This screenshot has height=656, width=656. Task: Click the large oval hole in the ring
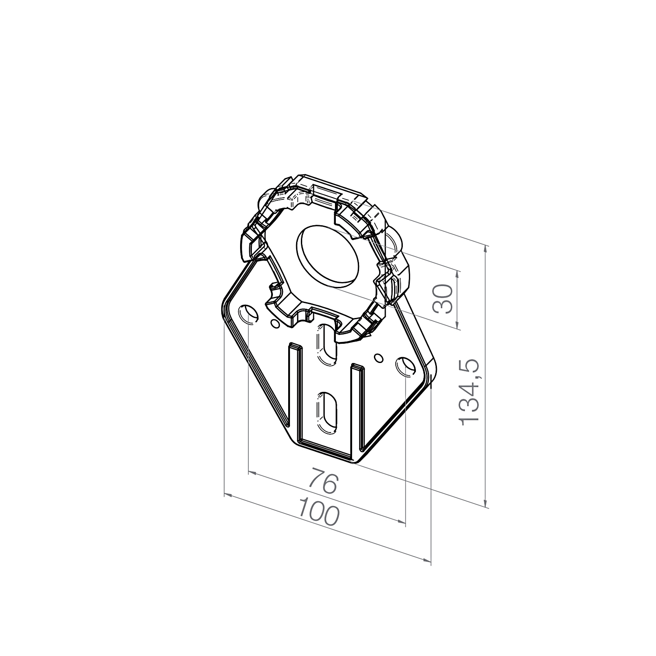(x=328, y=257)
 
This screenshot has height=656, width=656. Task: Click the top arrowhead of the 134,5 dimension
(x=486, y=249)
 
